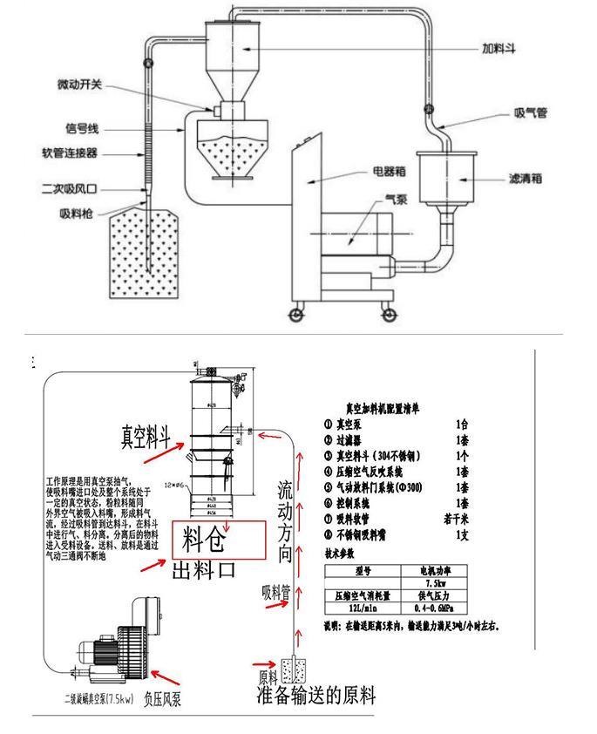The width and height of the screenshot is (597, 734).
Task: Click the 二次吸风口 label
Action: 71,187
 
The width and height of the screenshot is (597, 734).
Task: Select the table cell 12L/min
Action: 363,608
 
